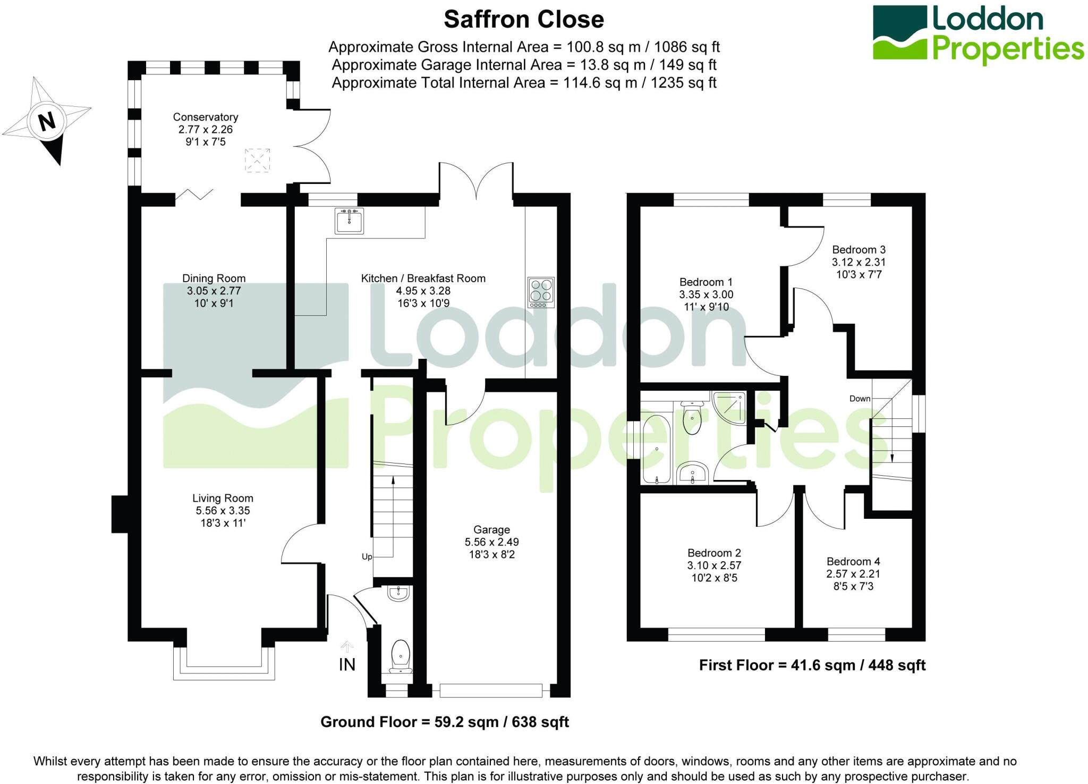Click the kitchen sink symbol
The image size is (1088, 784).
[349, 221]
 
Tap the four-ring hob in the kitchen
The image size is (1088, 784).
[541, 292]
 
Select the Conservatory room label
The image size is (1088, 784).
[205, 117]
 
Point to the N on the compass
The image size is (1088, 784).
[47, 121]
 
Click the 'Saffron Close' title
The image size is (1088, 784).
[524, 20]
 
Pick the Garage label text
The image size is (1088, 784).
[491, 529]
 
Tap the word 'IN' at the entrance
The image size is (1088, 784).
[347, 664]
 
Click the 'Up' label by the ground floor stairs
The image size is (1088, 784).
[367, 557]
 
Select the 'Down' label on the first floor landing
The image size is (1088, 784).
[860, 399]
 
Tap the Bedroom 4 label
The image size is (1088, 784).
[853, 561]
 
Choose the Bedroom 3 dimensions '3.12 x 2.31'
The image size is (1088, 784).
[858, 262]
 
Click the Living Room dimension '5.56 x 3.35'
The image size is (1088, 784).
[223, 511]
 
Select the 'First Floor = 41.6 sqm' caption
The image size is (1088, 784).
[812, 665]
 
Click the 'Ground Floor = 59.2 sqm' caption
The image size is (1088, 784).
[445, 722]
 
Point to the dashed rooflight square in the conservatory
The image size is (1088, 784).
[257, 160]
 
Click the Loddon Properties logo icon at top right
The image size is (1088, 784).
[900, 33]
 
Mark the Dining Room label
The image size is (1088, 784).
[214, 278]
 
